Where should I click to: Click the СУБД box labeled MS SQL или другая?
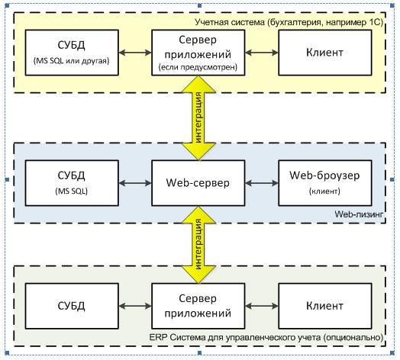73,54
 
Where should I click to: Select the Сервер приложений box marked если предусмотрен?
198,54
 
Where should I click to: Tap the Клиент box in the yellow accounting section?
324,54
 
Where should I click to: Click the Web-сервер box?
198,183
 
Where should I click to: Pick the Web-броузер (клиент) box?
324,183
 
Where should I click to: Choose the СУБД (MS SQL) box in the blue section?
73,183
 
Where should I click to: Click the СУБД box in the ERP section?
73,306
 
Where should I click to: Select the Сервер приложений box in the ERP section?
198,306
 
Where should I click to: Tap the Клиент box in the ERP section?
324,306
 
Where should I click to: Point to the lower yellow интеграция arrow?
198,245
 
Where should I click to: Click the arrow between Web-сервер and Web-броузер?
262,183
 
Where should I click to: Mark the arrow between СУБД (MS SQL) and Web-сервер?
135,183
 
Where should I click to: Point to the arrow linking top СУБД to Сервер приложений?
135,54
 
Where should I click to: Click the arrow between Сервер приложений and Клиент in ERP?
262,306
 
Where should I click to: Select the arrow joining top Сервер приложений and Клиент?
262,54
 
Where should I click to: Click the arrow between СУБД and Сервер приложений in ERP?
135,306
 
